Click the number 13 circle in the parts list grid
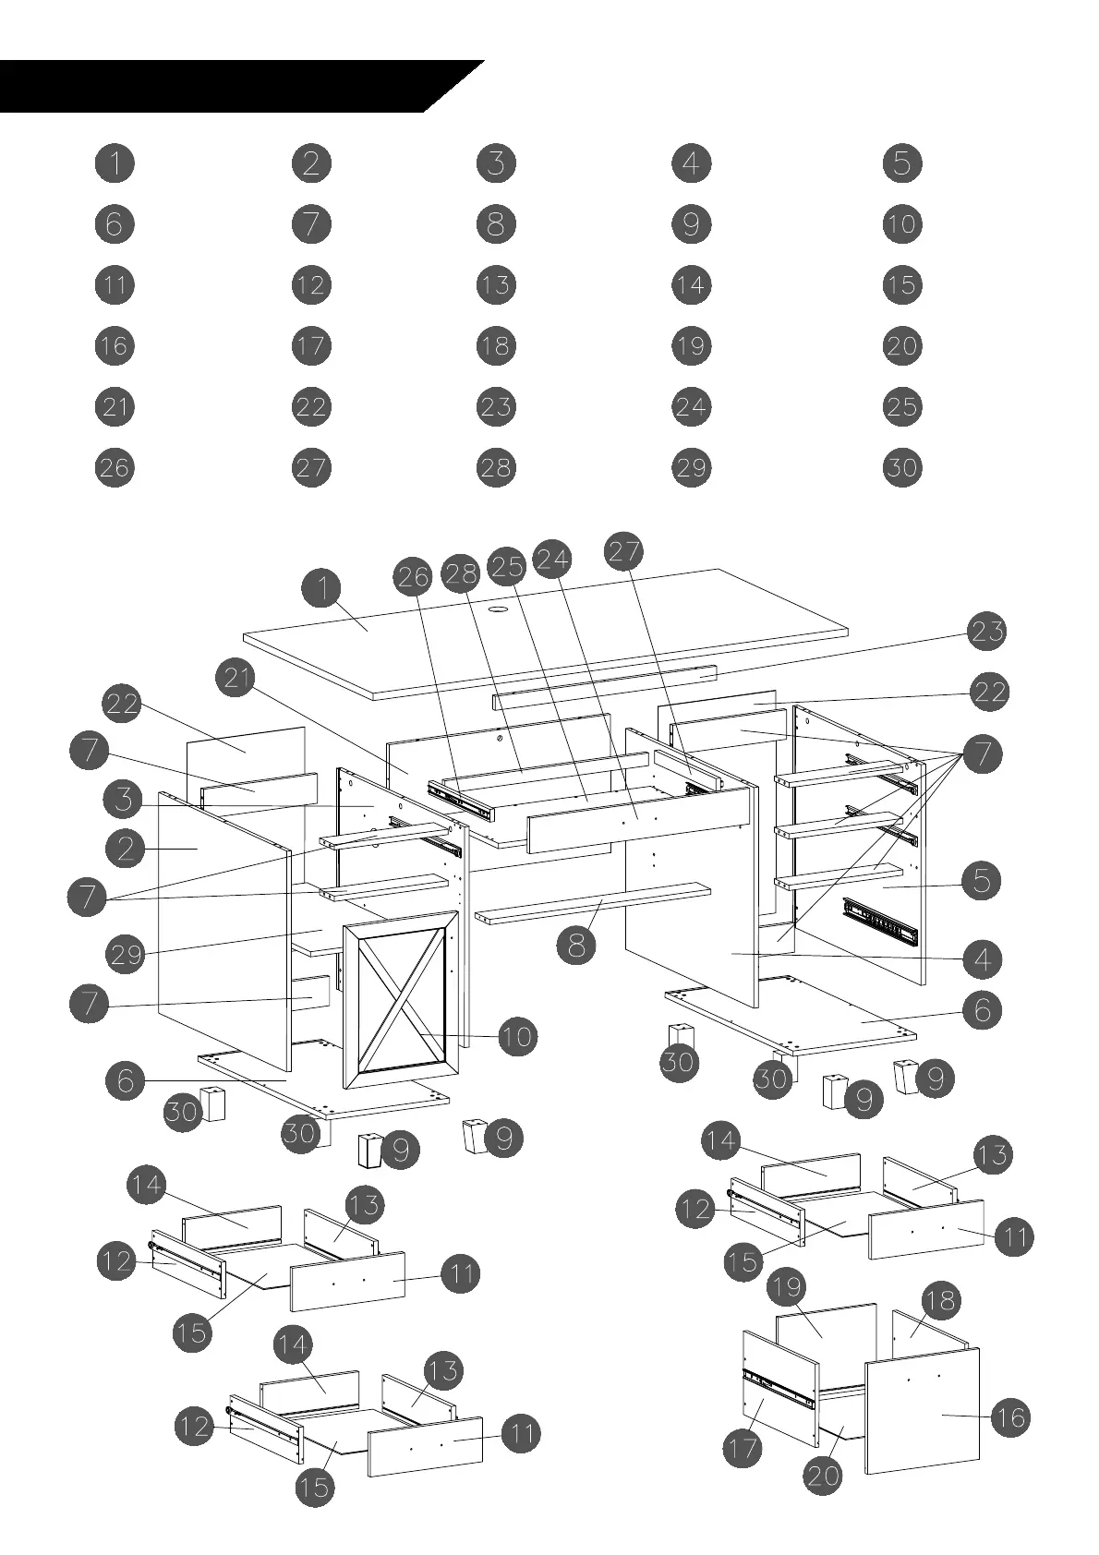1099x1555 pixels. tap(496, 284)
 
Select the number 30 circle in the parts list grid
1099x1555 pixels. tap(901, 467)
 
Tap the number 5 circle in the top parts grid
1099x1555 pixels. tap(901, 163)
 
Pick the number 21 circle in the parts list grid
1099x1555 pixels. tap(115, 406)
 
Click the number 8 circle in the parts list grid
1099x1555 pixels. tap(496, 223)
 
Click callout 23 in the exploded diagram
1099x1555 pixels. tap(986, 633)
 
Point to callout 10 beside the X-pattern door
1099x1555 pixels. tap(517, 1037)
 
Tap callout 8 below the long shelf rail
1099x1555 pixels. tap(576, 945)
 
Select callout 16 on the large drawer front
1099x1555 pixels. tap(1010, 1417)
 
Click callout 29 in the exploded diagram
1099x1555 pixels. tap(126, 953)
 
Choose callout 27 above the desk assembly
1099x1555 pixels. tap(624, 551)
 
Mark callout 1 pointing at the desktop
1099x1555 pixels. tap(322, 588)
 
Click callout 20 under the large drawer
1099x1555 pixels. tap(823, 1475)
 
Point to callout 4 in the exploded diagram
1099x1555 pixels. tap(982, 959)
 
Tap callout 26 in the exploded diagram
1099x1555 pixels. tap(413, 577)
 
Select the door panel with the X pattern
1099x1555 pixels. tap(402, 997)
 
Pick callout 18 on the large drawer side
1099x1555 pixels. tap(940, 1301)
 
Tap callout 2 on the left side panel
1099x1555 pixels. tap(126, 848)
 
